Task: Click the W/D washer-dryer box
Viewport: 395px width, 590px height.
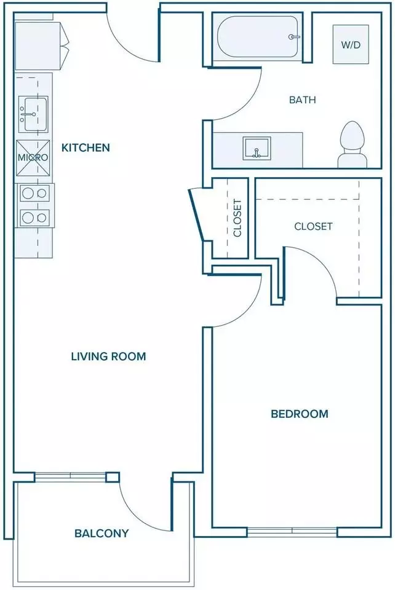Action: click(351, 44)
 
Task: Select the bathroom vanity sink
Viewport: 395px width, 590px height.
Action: click(257, 148)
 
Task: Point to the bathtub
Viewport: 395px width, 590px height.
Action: click(258, 36)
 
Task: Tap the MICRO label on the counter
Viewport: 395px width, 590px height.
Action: click(33, 157)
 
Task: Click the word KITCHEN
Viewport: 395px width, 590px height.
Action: click(86, 147)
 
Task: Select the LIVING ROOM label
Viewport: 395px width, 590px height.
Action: click(108, 356)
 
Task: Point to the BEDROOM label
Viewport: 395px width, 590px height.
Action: click(300, 414)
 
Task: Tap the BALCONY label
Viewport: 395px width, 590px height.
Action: click(102, 533)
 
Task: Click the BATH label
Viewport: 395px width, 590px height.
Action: click(302, 100)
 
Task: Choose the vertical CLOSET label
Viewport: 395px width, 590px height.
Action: click(237, 218)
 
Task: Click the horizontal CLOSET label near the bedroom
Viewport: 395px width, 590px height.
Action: click(313, 226)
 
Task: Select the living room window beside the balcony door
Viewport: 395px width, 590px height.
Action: click(70, 477)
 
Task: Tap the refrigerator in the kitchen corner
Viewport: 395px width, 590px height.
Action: click(41, 45)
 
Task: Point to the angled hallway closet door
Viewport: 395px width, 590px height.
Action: click(196, 214)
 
